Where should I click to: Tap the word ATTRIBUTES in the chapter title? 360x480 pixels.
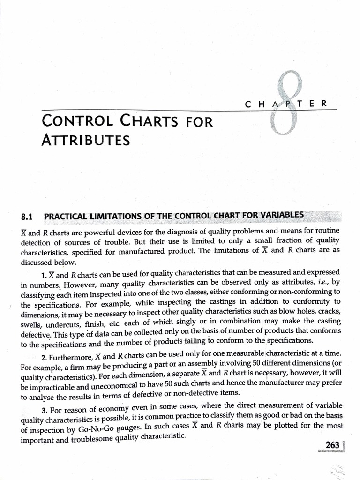click(86, 140)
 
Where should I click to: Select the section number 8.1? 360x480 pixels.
click(29, 217)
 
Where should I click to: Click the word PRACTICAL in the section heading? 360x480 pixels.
click(67, 217)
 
